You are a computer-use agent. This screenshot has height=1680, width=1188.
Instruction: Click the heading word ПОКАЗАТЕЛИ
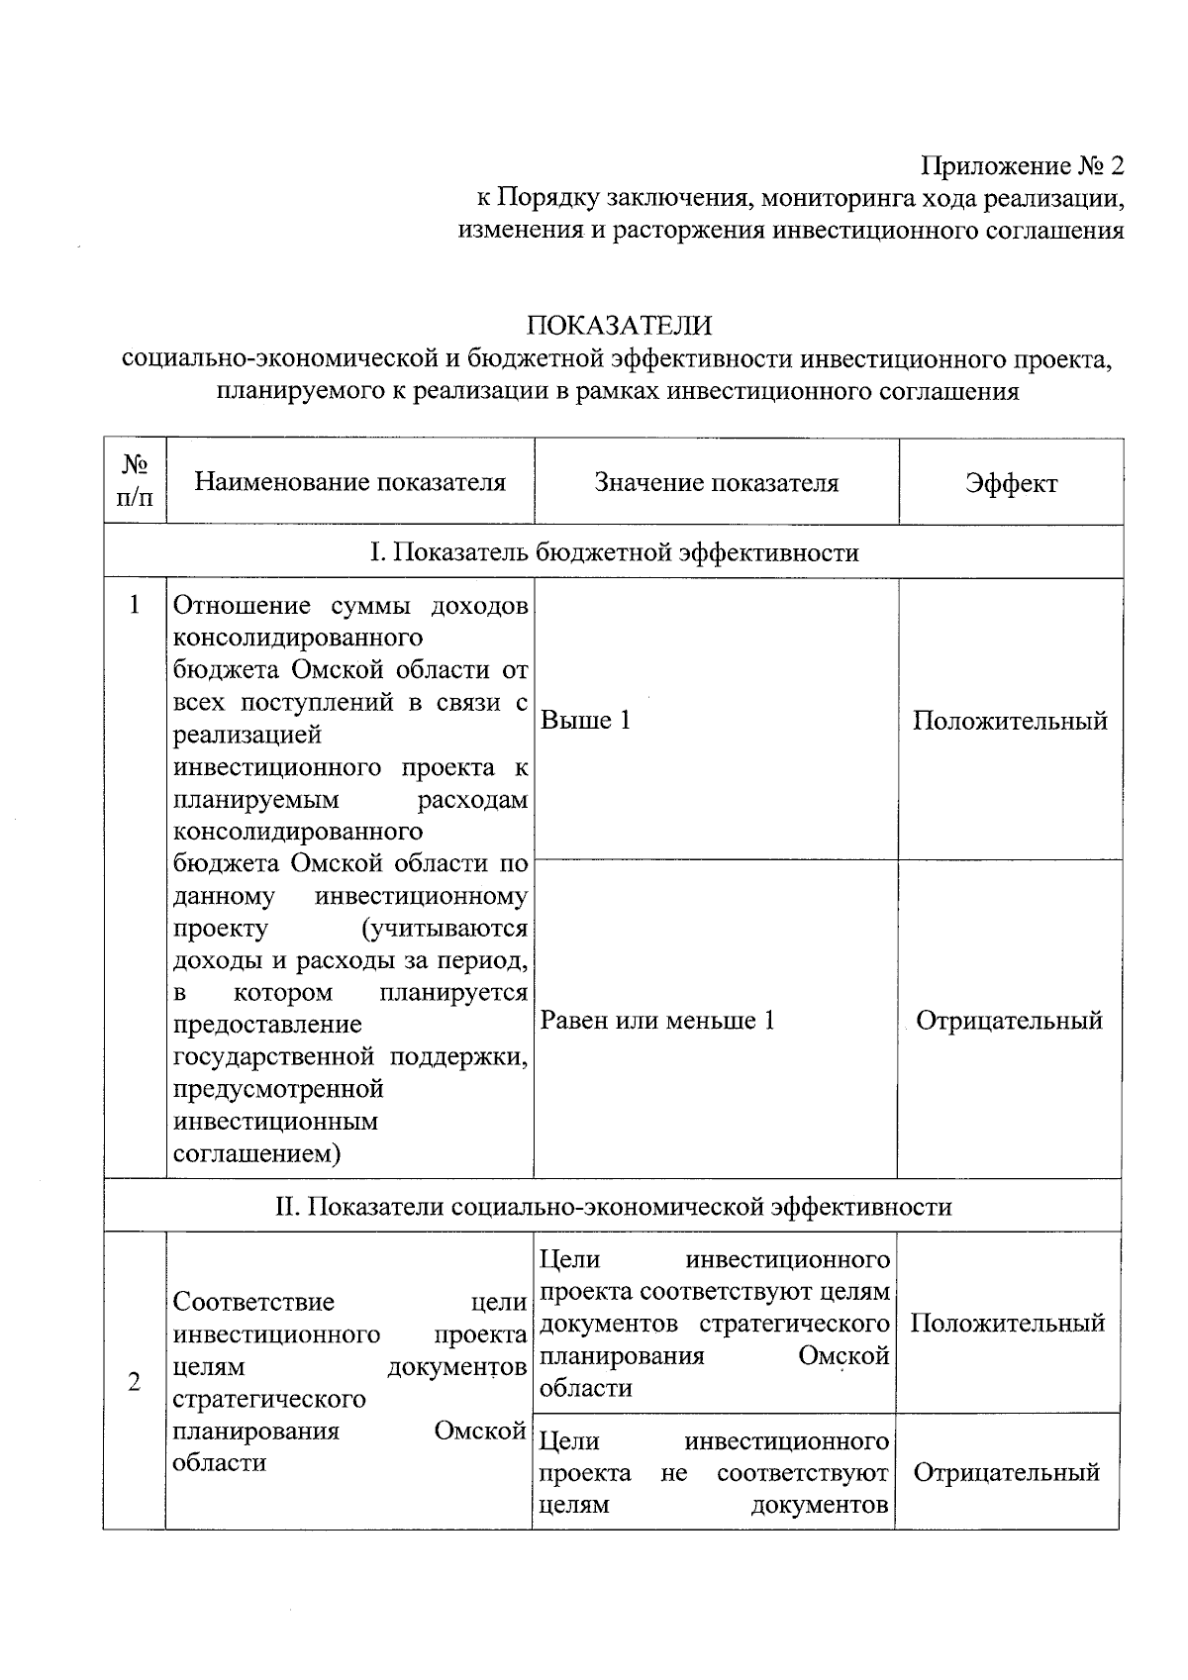point(619,326)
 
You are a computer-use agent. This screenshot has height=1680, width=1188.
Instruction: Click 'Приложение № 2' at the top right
point(1024,165)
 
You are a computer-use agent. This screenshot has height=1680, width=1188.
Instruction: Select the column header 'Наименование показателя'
point(349,482)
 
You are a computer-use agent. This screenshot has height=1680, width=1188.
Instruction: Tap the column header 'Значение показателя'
point(716,483)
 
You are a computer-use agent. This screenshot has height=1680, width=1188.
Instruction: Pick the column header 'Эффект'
point(1011,483)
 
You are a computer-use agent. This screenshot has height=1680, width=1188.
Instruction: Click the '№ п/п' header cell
point(135,480)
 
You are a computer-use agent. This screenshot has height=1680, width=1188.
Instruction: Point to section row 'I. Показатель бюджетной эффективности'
point(614,552)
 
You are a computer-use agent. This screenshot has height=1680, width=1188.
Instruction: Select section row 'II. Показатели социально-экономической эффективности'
point(613,1207)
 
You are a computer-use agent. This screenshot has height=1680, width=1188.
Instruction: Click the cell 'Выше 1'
point(585,721)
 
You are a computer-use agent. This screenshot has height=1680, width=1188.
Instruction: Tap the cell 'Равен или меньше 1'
point(657,1021)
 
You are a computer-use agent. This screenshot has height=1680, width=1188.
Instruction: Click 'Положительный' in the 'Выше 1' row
point(1010,721)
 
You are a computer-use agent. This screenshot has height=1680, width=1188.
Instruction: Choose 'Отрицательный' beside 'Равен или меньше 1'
point(1009,1021)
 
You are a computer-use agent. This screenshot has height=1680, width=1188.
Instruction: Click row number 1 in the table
point(135,605)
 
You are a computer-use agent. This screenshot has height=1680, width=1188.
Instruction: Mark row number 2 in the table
point(135,1382)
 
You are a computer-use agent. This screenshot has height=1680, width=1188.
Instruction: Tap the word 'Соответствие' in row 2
point(253,1302)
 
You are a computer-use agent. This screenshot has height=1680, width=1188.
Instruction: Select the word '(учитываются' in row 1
point(445,930)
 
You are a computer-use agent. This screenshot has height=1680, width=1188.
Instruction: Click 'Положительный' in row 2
point(1007,1324)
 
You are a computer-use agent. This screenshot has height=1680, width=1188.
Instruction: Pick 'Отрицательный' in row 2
point(1006,1473)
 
